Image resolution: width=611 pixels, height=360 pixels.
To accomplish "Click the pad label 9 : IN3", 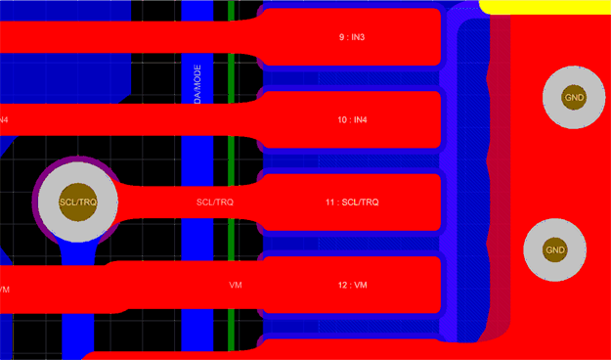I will click(351, 37).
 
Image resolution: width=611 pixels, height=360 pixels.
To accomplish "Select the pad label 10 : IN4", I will click(351, 119).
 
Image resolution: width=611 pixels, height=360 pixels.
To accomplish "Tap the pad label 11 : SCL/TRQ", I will click(351, 202).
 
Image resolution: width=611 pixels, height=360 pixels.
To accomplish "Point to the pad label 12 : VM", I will click(351, 285).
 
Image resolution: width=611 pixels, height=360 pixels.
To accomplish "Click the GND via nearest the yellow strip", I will click(574, 97).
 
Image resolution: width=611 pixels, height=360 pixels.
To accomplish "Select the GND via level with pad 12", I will click(555, 250).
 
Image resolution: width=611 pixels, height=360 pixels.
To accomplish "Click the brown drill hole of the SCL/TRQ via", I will click(77, 202).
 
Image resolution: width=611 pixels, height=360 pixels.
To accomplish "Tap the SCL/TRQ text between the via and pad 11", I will click(215, 202).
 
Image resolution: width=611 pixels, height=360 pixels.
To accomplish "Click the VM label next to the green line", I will click(235, 285).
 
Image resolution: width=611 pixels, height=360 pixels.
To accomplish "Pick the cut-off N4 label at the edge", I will click(4, 119).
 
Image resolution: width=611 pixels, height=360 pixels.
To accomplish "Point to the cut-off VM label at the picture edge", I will click(4, 290).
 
